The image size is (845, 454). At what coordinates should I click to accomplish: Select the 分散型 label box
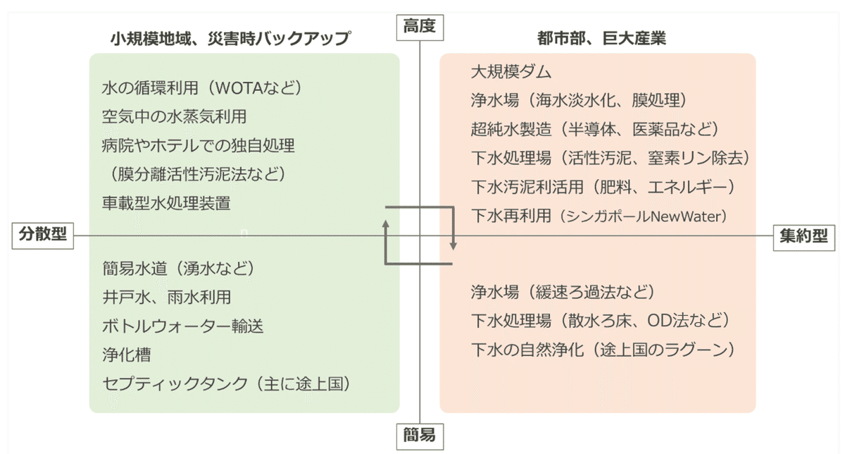click(x=43, y=235)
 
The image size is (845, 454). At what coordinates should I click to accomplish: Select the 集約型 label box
click(x=803, y=237)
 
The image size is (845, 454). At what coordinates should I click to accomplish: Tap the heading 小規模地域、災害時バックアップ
click(x=230, y=38)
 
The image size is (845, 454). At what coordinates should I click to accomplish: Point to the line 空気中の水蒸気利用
click(x=174, y=117)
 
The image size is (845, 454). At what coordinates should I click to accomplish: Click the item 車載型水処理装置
click(x=166, y=203)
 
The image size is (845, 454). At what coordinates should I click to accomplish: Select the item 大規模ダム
click(x=511, y=72)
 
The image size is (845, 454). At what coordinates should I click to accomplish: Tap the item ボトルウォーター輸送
click(x=176, y=326)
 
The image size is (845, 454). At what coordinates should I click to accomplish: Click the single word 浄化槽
click(x=126, y=355)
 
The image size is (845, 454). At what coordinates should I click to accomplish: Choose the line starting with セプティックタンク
click(x=226, y=384)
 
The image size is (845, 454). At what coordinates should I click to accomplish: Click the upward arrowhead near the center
click(x=386, y=223)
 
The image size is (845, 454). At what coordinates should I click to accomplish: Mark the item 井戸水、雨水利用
click(x=166, y=297)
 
